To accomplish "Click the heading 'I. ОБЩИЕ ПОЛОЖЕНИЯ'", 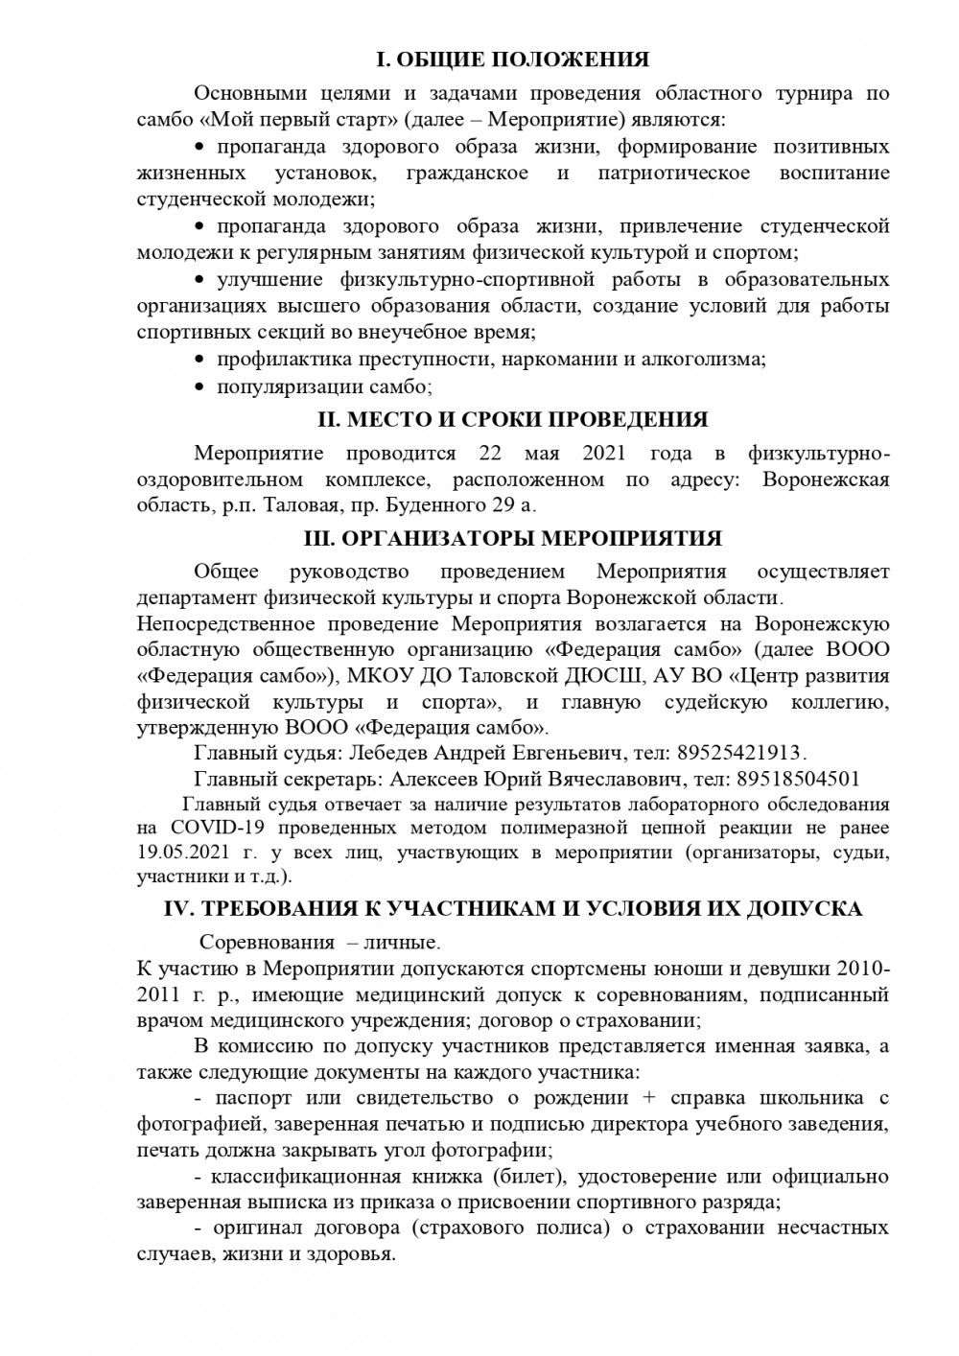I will [512, 59].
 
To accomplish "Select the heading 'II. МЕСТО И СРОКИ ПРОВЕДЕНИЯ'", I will [512, 419].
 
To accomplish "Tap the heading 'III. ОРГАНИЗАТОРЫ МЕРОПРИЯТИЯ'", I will [512, 538].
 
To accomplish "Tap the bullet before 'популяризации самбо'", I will [199, 386].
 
